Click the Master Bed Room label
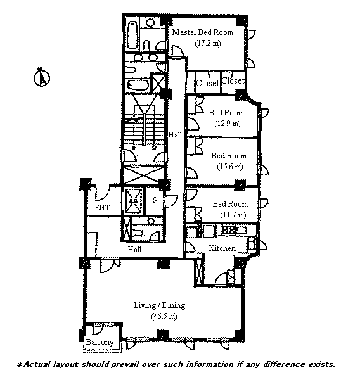point(203,32)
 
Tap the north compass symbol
point(42,77)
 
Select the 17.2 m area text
point(208,44)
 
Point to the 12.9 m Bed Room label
point(226,113)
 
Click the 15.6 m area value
point(230,167)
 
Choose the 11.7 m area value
point(233,215)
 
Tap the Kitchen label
point(222,248)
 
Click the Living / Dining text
point(160,305)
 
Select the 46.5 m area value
point(164,316)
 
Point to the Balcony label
point(100,342)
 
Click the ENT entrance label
point(102,208)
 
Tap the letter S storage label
point(155,200)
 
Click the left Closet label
point(208,83)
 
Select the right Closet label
point(233,80)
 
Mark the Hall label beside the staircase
point(175,135)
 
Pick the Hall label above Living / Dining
point(134,249)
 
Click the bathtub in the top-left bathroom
point(132,35)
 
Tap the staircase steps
point(144,129)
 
